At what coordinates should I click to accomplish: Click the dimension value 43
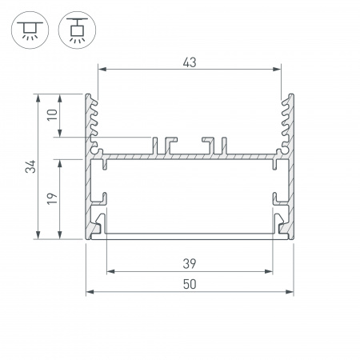click(190, 60)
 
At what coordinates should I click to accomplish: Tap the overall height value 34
click(30, 166)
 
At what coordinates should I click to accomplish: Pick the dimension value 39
click(190, 262)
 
